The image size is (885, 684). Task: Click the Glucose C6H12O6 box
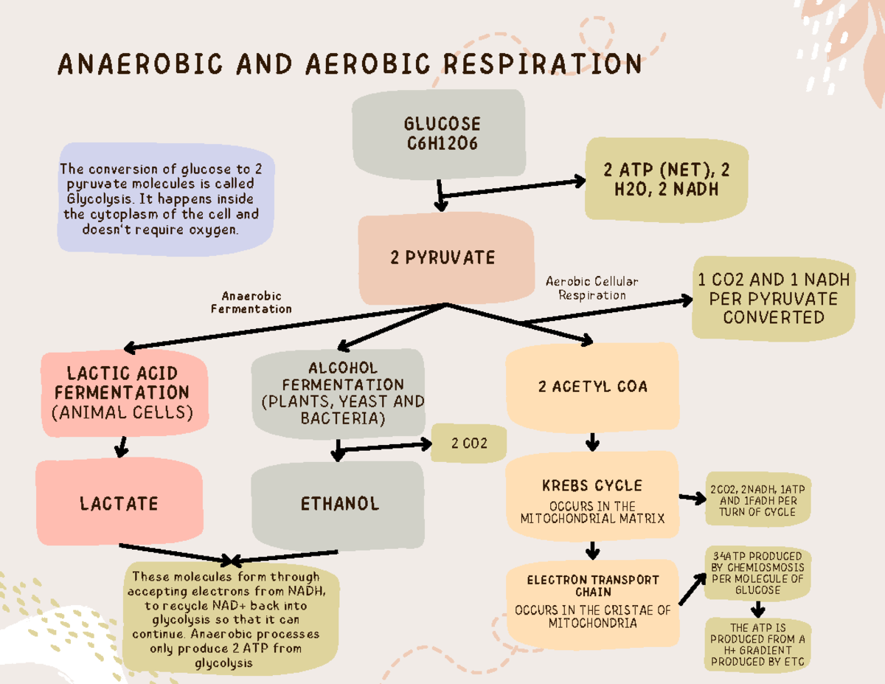pos(440,134)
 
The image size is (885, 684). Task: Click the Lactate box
pos(119,503)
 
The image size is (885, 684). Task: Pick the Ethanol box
pos(339,504)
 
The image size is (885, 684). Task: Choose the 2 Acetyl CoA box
pos(592,386)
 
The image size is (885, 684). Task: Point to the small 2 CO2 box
pos(469,443)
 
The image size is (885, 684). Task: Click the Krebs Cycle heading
pos(592,486)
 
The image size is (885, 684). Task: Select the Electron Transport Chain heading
pos(593,586)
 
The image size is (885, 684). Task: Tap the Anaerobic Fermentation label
pos(251,303)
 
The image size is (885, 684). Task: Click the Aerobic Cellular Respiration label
pos(591,288)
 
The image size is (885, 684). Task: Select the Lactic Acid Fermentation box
pos(122,392)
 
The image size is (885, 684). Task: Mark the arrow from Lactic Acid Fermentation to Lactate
pos(122,446)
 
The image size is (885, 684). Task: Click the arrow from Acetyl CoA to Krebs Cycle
pos(592,441)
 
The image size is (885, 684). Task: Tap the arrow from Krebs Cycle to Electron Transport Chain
pos(592,550)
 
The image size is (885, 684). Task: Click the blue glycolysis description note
pos(165,196)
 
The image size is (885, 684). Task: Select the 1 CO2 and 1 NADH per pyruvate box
pos(773,299)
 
